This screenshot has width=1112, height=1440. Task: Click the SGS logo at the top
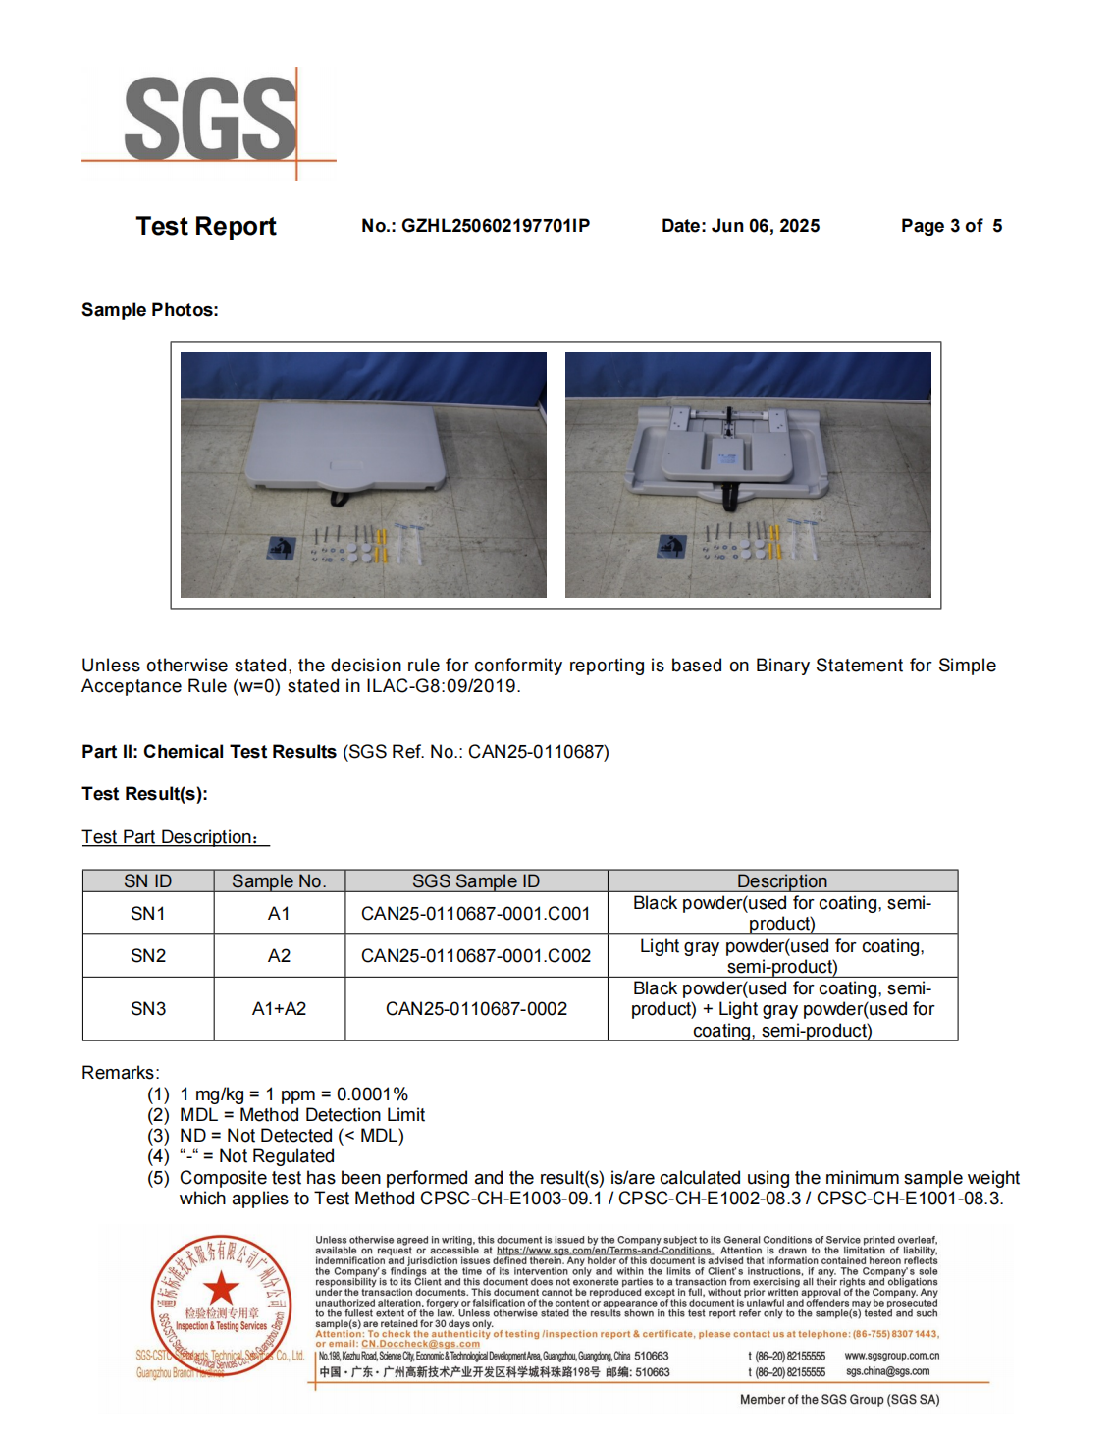coord(210,120)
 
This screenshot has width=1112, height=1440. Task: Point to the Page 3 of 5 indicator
coord(951,226)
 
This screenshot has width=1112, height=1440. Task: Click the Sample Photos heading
coord(150,310)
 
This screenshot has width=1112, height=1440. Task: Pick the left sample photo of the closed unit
coord(363,474)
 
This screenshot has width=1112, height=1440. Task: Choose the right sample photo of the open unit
coord(748,474)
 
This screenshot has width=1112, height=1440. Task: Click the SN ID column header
coord(148,881)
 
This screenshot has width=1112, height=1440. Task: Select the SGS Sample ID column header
coord(476,881)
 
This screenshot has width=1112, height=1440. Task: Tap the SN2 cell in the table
coord(148,956)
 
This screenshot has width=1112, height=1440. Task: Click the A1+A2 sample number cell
coord(279,1009)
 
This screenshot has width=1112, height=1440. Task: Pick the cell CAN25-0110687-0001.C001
coord(476,914)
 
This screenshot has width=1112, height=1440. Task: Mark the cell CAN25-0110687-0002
coord(476,1009)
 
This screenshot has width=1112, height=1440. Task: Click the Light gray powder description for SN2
coord(782,956)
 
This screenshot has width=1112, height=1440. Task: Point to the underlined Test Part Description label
coord(174,837)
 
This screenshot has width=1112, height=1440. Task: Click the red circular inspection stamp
coord(222,1305)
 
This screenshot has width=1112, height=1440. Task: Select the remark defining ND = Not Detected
coord(291,1136)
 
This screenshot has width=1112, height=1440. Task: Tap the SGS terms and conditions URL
coord(605,1251)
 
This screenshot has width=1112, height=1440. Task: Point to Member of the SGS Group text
coord(839,1400)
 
